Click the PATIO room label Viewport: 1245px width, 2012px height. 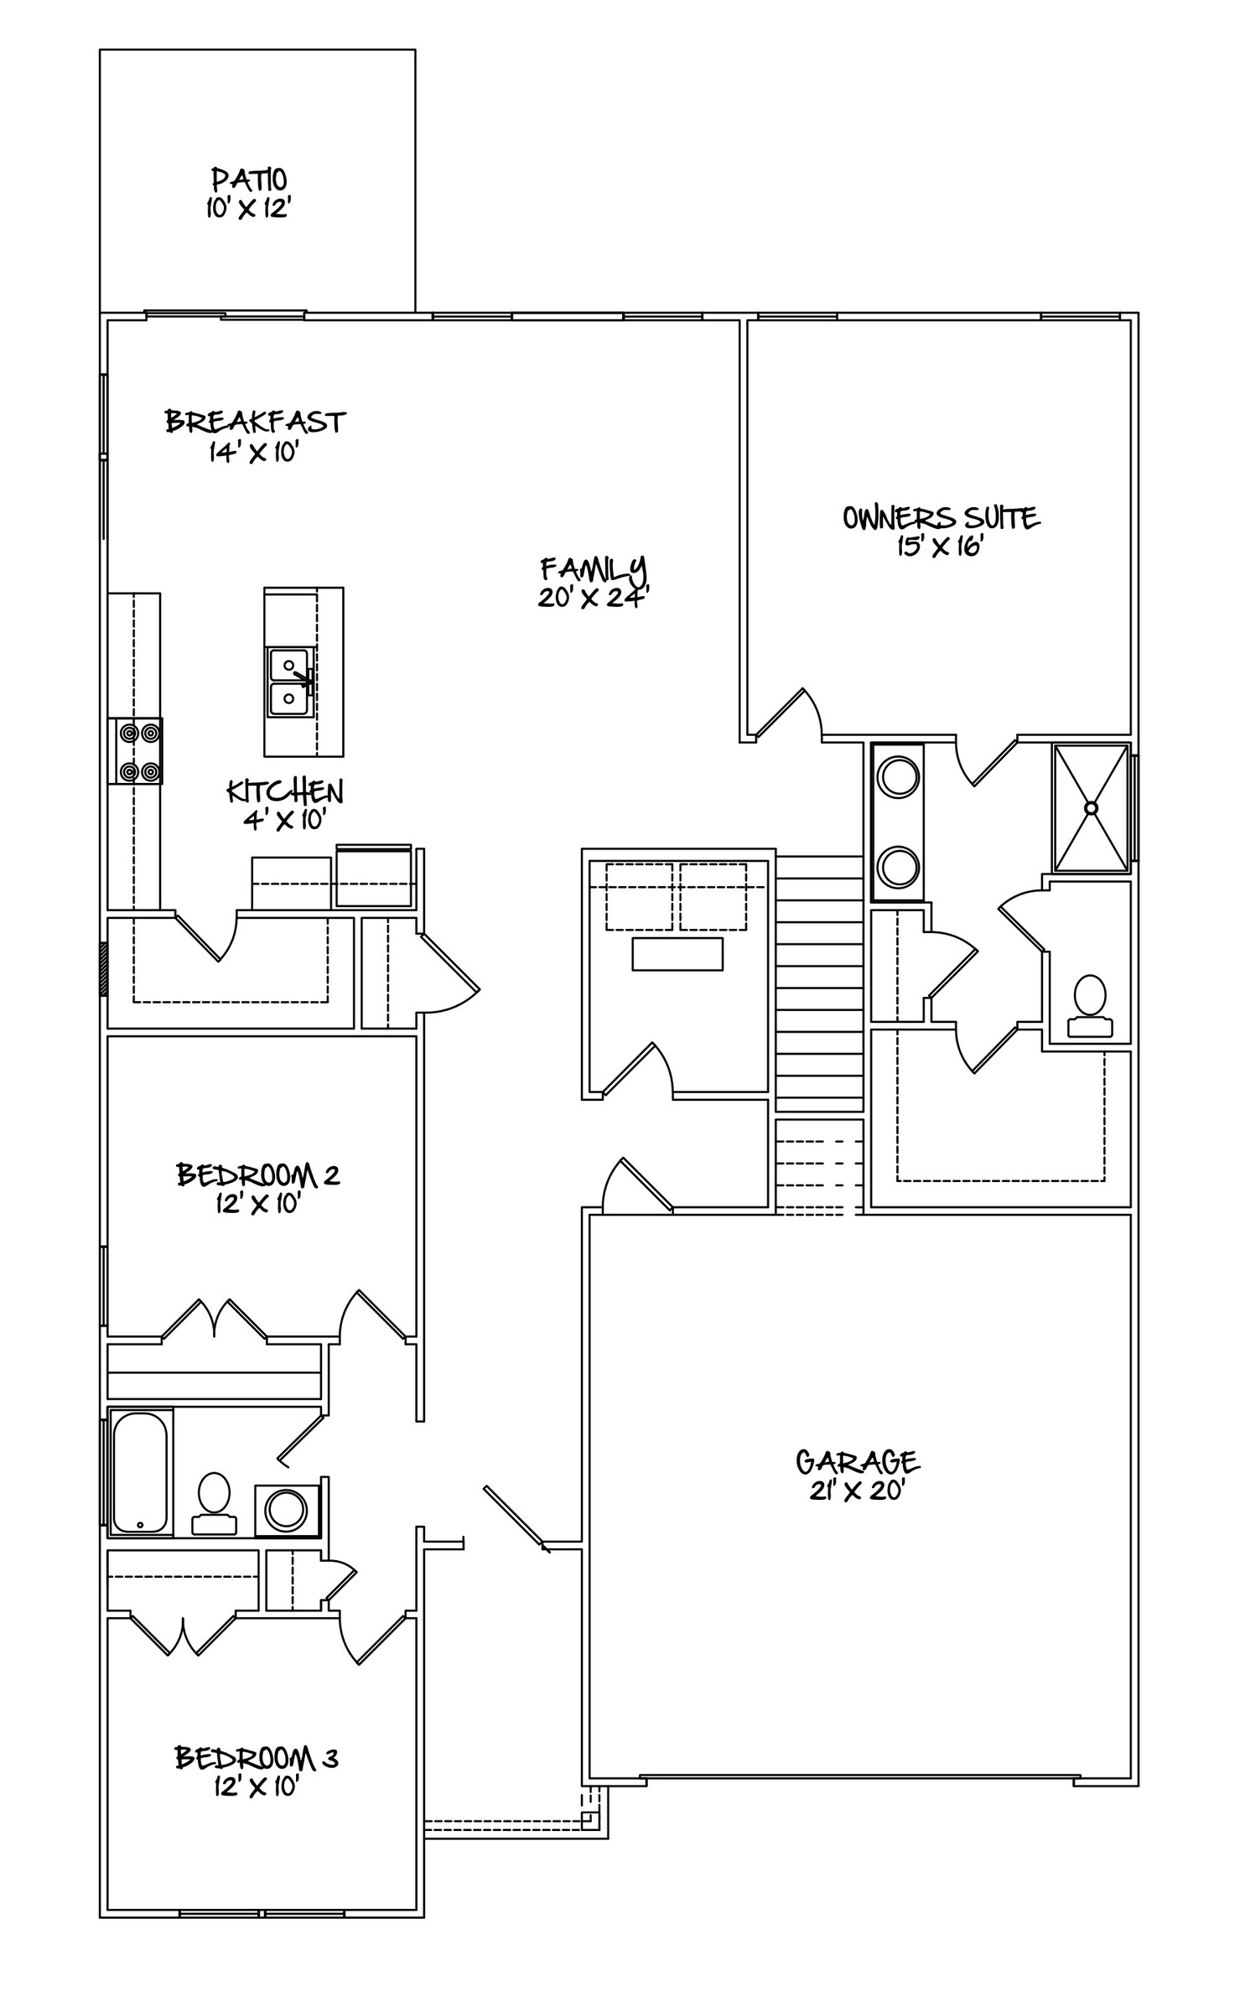coord(249,179)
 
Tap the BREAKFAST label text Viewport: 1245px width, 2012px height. coord(255,421)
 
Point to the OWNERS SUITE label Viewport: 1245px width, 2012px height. coord(941,517)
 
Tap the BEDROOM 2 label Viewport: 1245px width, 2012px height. coord(257,1175)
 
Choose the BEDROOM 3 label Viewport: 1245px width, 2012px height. coord(256,1757)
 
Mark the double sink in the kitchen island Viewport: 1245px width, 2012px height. coord(290,682)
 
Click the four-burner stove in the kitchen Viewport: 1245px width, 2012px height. coord(136,751)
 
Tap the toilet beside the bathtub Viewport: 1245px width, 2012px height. coord(214,1504)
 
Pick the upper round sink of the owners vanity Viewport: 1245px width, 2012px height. coord(898,775)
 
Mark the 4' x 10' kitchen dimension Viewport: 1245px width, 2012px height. coord(283,820)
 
